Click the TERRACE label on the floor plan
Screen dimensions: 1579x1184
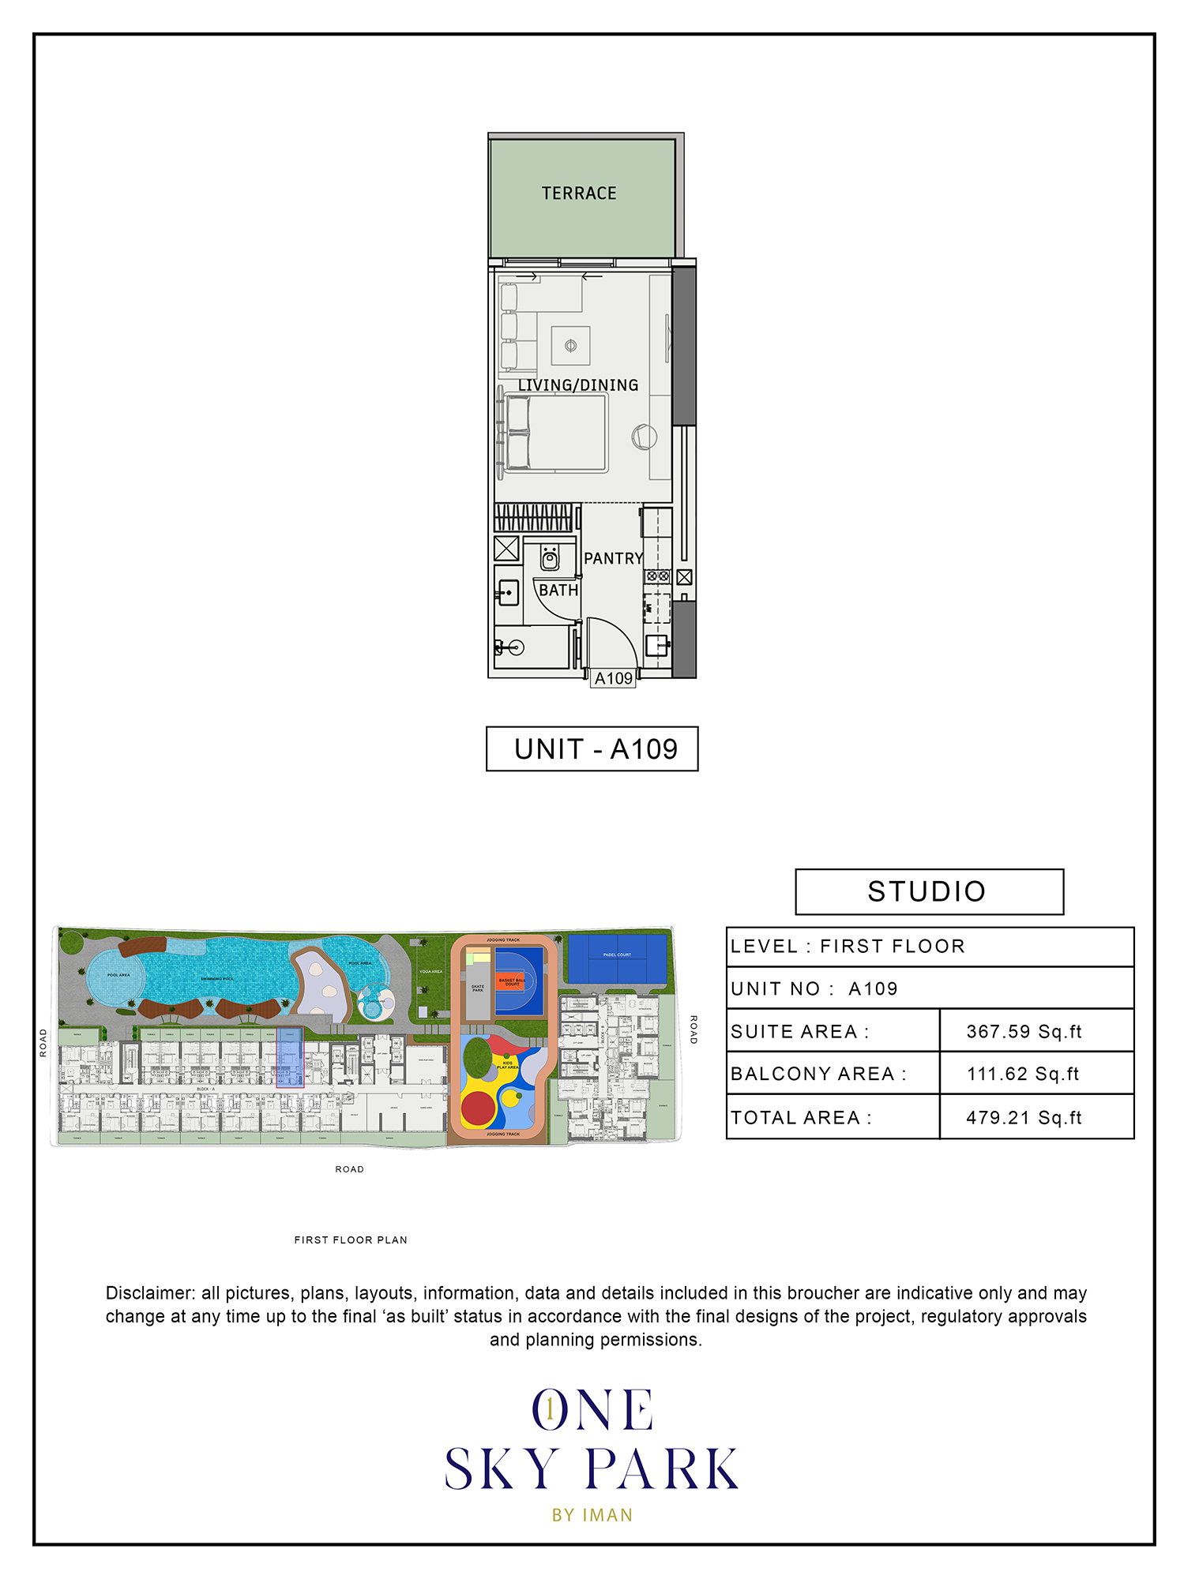579,193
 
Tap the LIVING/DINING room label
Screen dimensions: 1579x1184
578,385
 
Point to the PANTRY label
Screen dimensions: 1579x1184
613,558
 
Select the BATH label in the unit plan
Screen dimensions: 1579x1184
558,590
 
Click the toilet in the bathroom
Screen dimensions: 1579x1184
550,557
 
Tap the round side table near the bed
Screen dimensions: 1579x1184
644,436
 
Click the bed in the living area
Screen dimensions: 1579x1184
556,433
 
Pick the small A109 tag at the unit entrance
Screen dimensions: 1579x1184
614,678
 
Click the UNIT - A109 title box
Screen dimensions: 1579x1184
592,748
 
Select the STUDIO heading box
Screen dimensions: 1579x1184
929,891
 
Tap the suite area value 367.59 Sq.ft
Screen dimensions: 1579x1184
1024,1031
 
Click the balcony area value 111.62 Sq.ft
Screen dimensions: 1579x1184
1023,1074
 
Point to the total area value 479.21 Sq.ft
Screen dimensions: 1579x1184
1024,1117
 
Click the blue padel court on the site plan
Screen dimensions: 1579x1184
617,958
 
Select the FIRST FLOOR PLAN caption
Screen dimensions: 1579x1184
351,1240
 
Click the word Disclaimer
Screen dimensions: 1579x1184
150,1293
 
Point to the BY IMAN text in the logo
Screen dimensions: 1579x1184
592,1515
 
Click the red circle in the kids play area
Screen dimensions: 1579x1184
478,1108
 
